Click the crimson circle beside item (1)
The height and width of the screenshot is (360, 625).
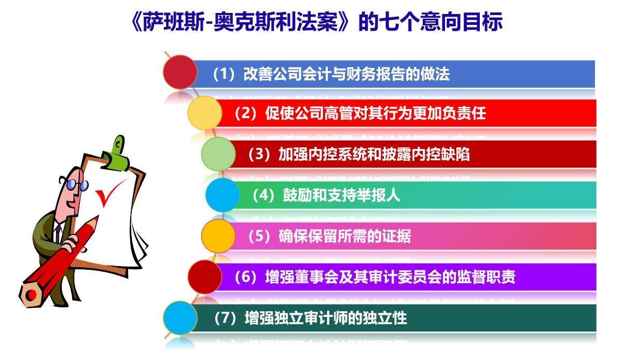click(x=180, y=72)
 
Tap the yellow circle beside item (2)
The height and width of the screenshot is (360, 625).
click(x=205, y=113)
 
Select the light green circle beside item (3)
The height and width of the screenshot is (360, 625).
click(x=218, y=154)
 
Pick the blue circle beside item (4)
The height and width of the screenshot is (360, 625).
click(x=223, y=195)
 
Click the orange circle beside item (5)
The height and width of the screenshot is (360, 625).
click(x=218, y=236)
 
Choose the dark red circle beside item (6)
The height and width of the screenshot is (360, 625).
click(x=205, y=277)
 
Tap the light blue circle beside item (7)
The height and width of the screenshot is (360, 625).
click(x=180, y=318)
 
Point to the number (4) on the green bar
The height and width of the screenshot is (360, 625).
click(x=263, y=195)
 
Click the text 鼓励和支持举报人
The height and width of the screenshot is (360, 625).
click(x=342, y=195)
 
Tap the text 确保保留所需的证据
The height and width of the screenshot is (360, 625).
click(x=344, y=236)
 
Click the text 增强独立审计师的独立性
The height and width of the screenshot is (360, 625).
click(x=326, y=318)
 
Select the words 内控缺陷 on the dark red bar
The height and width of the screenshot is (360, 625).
click(x=441, y=154)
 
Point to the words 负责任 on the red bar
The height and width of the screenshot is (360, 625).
click(x=464, y=113)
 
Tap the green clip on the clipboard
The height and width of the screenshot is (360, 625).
click(x=116, y=155)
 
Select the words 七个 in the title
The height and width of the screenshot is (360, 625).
click(x=399, y=22)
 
